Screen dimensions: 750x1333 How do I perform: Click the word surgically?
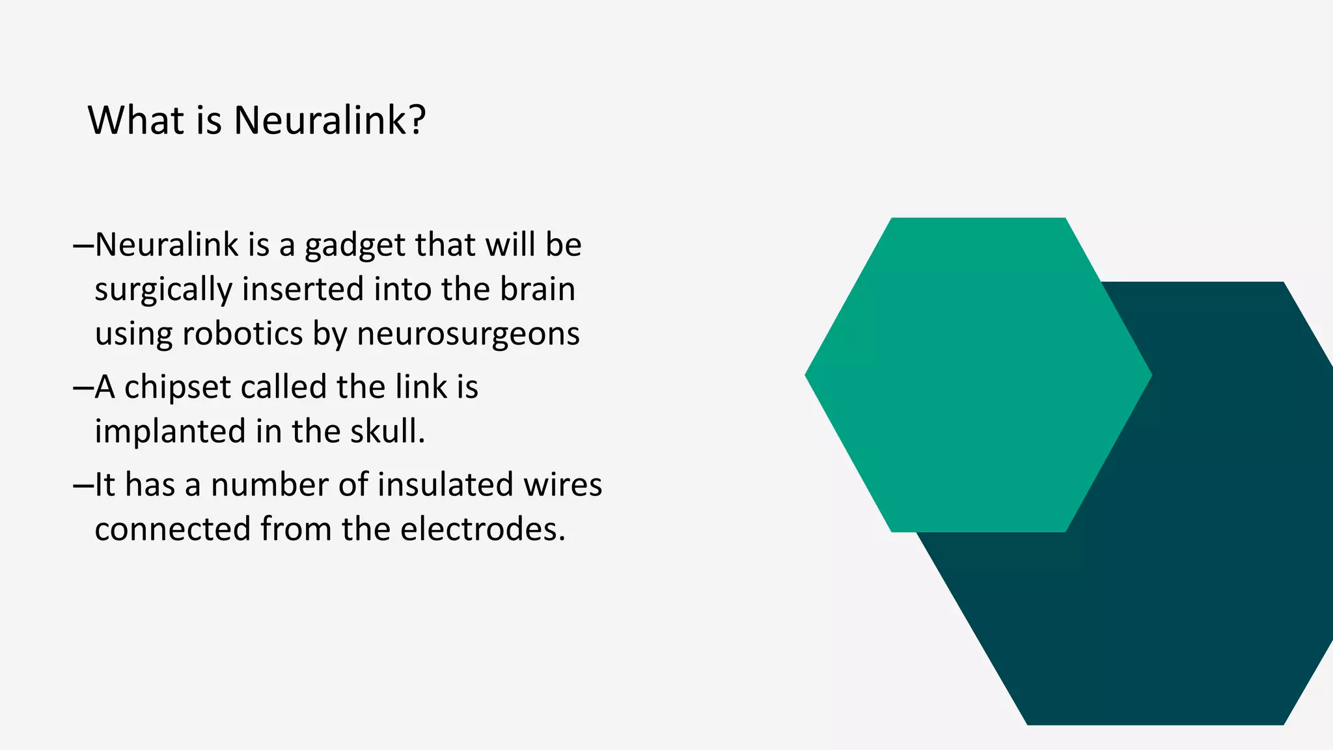163,290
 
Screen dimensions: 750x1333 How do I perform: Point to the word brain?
538,289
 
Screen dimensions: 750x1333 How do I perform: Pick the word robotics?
243,334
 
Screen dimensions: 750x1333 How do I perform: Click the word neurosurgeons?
468,335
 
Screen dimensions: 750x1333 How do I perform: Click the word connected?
172,529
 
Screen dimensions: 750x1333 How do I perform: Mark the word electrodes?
482,529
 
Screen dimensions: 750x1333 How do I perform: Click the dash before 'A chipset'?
83,388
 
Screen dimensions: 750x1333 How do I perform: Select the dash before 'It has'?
83,486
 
